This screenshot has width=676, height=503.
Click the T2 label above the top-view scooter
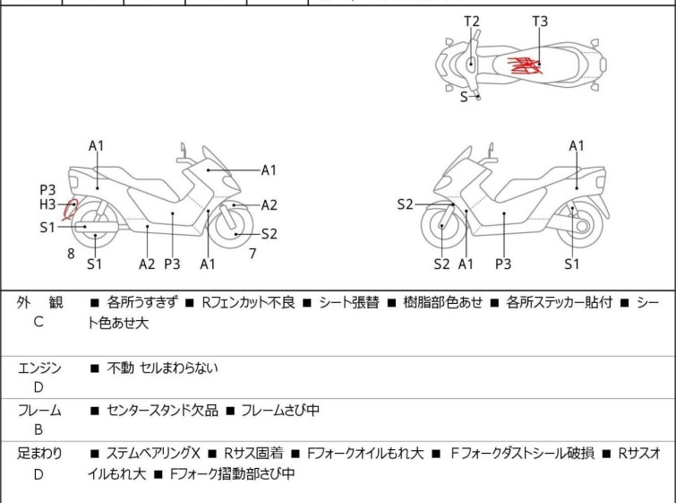[x=472, y=22]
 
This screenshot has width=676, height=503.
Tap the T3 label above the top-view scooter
[x=540, y=22]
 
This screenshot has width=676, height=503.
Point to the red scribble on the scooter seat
[x=525, y=65]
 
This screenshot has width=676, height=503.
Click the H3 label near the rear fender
[x=47, y=204]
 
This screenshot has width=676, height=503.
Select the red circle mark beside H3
[x=70, y=210]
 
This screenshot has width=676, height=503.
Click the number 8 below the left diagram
[x=71, y=254]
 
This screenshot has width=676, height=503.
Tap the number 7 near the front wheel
[x=253, y=254]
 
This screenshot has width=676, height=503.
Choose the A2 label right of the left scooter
[x=269, y=205]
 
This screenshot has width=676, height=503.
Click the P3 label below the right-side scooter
[x=503, y=264]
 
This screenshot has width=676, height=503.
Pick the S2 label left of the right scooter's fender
[x=406, y=204]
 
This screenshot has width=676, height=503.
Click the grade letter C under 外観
[x=39, y=322]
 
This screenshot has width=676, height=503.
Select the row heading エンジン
[x=39, y=368]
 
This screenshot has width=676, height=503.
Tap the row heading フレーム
[x=39, y=410]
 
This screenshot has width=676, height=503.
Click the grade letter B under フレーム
[x=39, y=429]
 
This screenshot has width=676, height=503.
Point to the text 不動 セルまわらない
[x=163, y=368]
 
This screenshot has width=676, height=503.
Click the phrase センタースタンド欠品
[x=163, y=410]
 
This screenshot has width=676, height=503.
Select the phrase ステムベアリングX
[x=153, y=454]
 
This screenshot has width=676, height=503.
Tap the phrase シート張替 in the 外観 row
[x=349, y=302]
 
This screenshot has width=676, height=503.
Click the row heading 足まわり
[x=39, y=454]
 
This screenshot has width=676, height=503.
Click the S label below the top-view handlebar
[x=464, y=97]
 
